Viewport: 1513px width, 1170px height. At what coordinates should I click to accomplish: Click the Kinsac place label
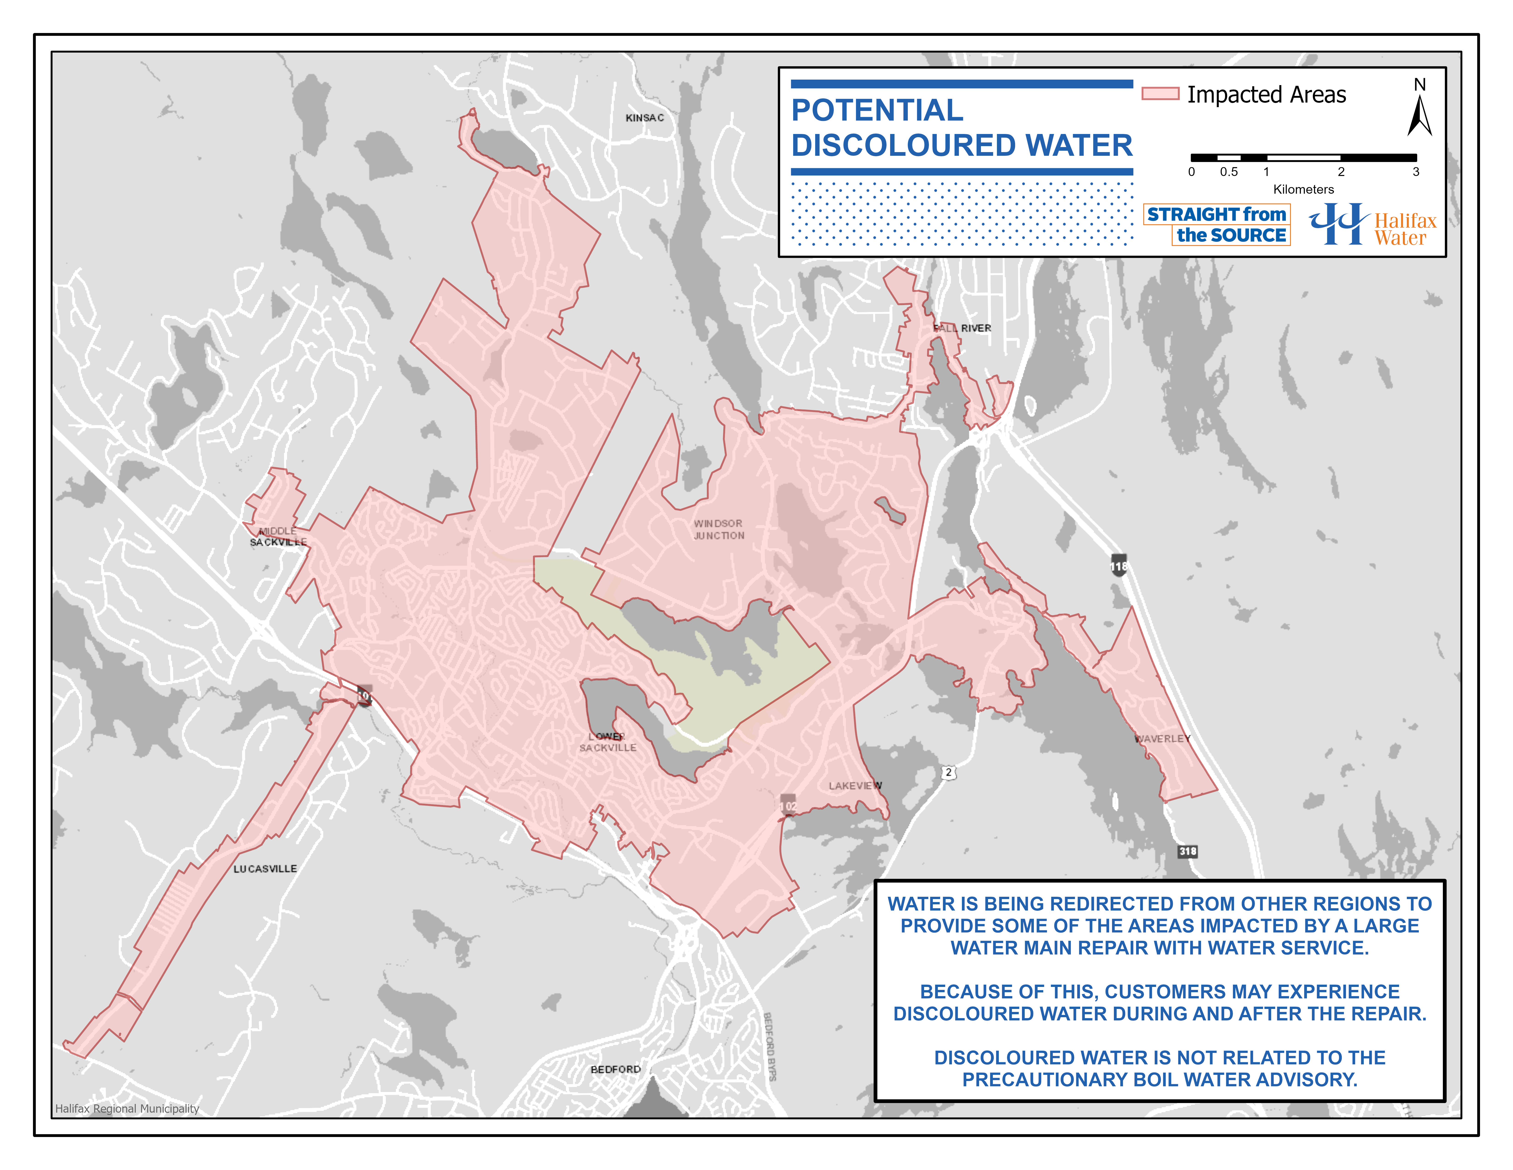tap(644, 118)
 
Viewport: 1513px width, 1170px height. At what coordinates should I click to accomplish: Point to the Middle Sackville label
tap(278, 537)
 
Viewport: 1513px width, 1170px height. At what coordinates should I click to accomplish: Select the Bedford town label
tap(615, 1069)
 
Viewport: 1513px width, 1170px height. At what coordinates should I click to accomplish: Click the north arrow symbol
tap(1419, 114)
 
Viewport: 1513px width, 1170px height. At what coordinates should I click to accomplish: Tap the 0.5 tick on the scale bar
tap(1229, 171)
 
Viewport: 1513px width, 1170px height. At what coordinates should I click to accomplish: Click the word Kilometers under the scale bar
tap(1303, 189)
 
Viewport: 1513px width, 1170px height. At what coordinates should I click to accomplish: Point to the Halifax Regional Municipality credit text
tap(127, 1108)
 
